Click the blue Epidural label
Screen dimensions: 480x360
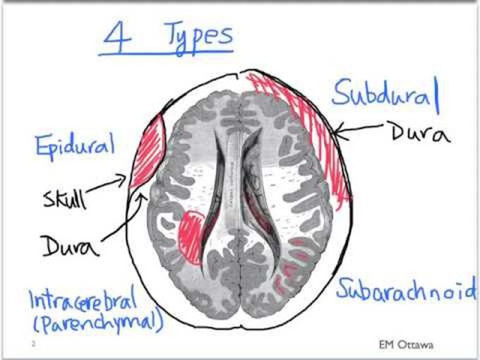click(76, 146)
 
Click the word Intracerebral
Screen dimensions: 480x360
click(83, 299)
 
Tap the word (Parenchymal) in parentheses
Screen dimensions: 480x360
click(98, 323)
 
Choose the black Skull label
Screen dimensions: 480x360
click(64, 200)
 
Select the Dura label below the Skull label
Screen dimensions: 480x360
click(71, 246)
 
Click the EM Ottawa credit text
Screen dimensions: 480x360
click(406, 345)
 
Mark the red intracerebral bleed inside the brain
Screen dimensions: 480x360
click(191, 236)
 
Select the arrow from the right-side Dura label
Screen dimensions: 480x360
click(358, 130)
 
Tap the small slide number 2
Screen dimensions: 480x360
click(34, 344)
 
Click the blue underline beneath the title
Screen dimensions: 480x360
click(166, 53)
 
